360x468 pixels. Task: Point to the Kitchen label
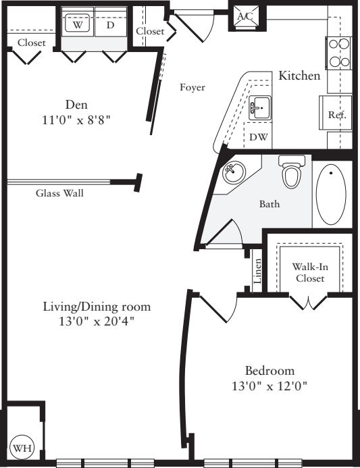click(299, 76)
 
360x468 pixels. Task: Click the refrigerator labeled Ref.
click(336, 115)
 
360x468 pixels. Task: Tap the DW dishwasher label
click(258, 136)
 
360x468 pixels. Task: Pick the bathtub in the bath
click(330, 194)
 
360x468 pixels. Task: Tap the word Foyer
click(192, 87)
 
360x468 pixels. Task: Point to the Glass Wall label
click(59, 192)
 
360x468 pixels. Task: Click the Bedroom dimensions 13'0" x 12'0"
click(269, 386)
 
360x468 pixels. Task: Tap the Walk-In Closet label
click(308, 271)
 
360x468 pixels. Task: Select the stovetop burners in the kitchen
click(338, 53)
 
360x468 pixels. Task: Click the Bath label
click(269, 203)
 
